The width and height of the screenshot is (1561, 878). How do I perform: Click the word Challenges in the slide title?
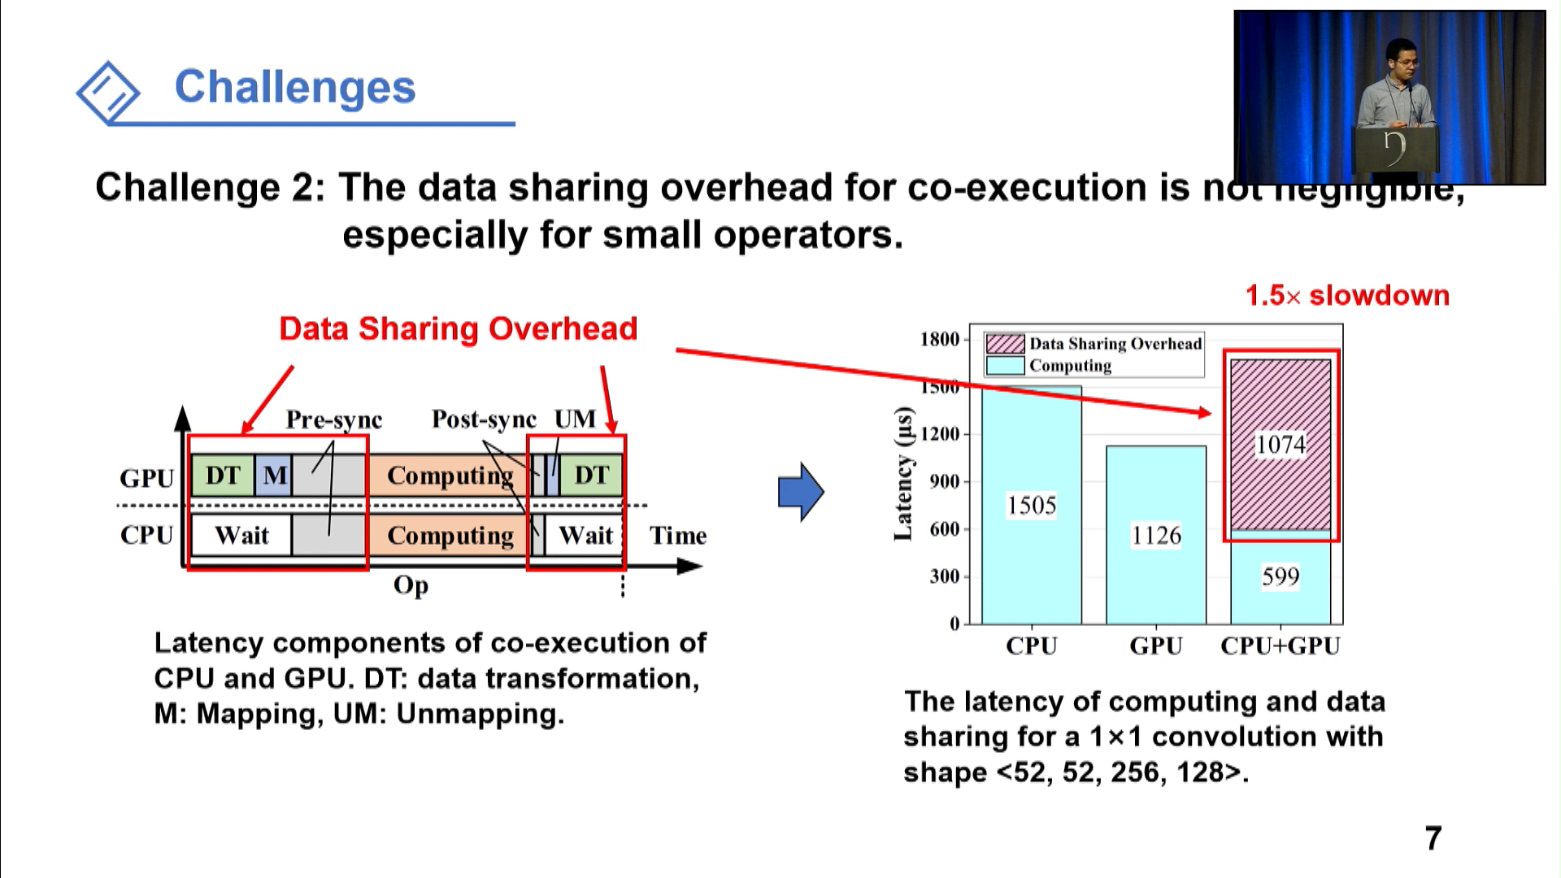pyautogui.click(x=294, y=87)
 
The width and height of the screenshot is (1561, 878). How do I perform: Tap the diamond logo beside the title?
pyautogui.click(x=109, y=92)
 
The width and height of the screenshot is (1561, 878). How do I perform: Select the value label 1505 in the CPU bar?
pyautogui.click(x=1031, y=506)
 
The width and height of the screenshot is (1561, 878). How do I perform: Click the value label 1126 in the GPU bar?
pyautogui.click(x=1155, y=535)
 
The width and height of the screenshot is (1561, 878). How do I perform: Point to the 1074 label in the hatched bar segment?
pyautogui.click(x=1281, y=445)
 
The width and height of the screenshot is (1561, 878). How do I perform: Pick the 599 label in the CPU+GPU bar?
pyautogui.click(x=1281, y=576)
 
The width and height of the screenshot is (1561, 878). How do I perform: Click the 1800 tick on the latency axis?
pyautogui.click(x=940, y=340)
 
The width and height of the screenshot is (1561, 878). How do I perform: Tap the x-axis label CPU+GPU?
pyautogui.click(x=1281, y=645)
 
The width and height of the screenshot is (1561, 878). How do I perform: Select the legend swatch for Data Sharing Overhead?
pyautogui.click(x=1004, y=344)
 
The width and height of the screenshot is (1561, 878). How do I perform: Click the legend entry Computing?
pyautogui.click(x=1069, y=366)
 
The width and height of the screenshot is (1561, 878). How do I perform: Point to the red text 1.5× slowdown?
pyautogui.click(x=1347, y=295)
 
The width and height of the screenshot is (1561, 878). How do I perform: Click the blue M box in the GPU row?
pyautogui.click(x=275, y=476)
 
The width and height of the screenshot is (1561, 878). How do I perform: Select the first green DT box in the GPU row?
pyautogui.click(x=222, y=476)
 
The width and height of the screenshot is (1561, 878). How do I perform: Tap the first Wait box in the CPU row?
pyautogui.click(x=241, y=536)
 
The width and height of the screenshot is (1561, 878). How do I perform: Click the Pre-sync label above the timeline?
pyautogui.click(x=333, y=419)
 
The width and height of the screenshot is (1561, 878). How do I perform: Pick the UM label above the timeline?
pyautogui.click(x=575, y=419)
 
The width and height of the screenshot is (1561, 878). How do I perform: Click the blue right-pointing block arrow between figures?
pyautogui.click(x=801, y=492)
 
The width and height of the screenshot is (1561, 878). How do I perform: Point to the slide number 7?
pyautogui.click(x=1433, y=838)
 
